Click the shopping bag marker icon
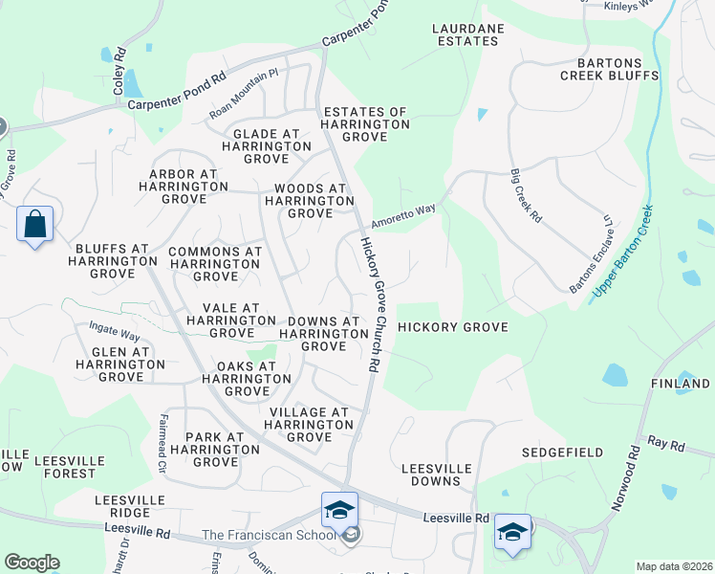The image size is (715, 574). [x=35, y=226]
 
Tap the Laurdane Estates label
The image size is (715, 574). [x=468, y=35]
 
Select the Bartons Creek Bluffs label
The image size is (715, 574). [x=610, y=68]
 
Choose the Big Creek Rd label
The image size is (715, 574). [x=527, y=196]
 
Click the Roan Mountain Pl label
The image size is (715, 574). [x=244, y=94]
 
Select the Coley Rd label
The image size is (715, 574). [x=119, y=72]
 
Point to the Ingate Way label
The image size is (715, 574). [x=116, y=333]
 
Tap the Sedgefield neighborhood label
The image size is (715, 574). [x=559, y=452]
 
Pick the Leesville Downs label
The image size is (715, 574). [x=436, y=475]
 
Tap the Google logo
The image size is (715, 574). [x=32, y=563]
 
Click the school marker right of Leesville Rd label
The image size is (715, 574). [x=512, y=533]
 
